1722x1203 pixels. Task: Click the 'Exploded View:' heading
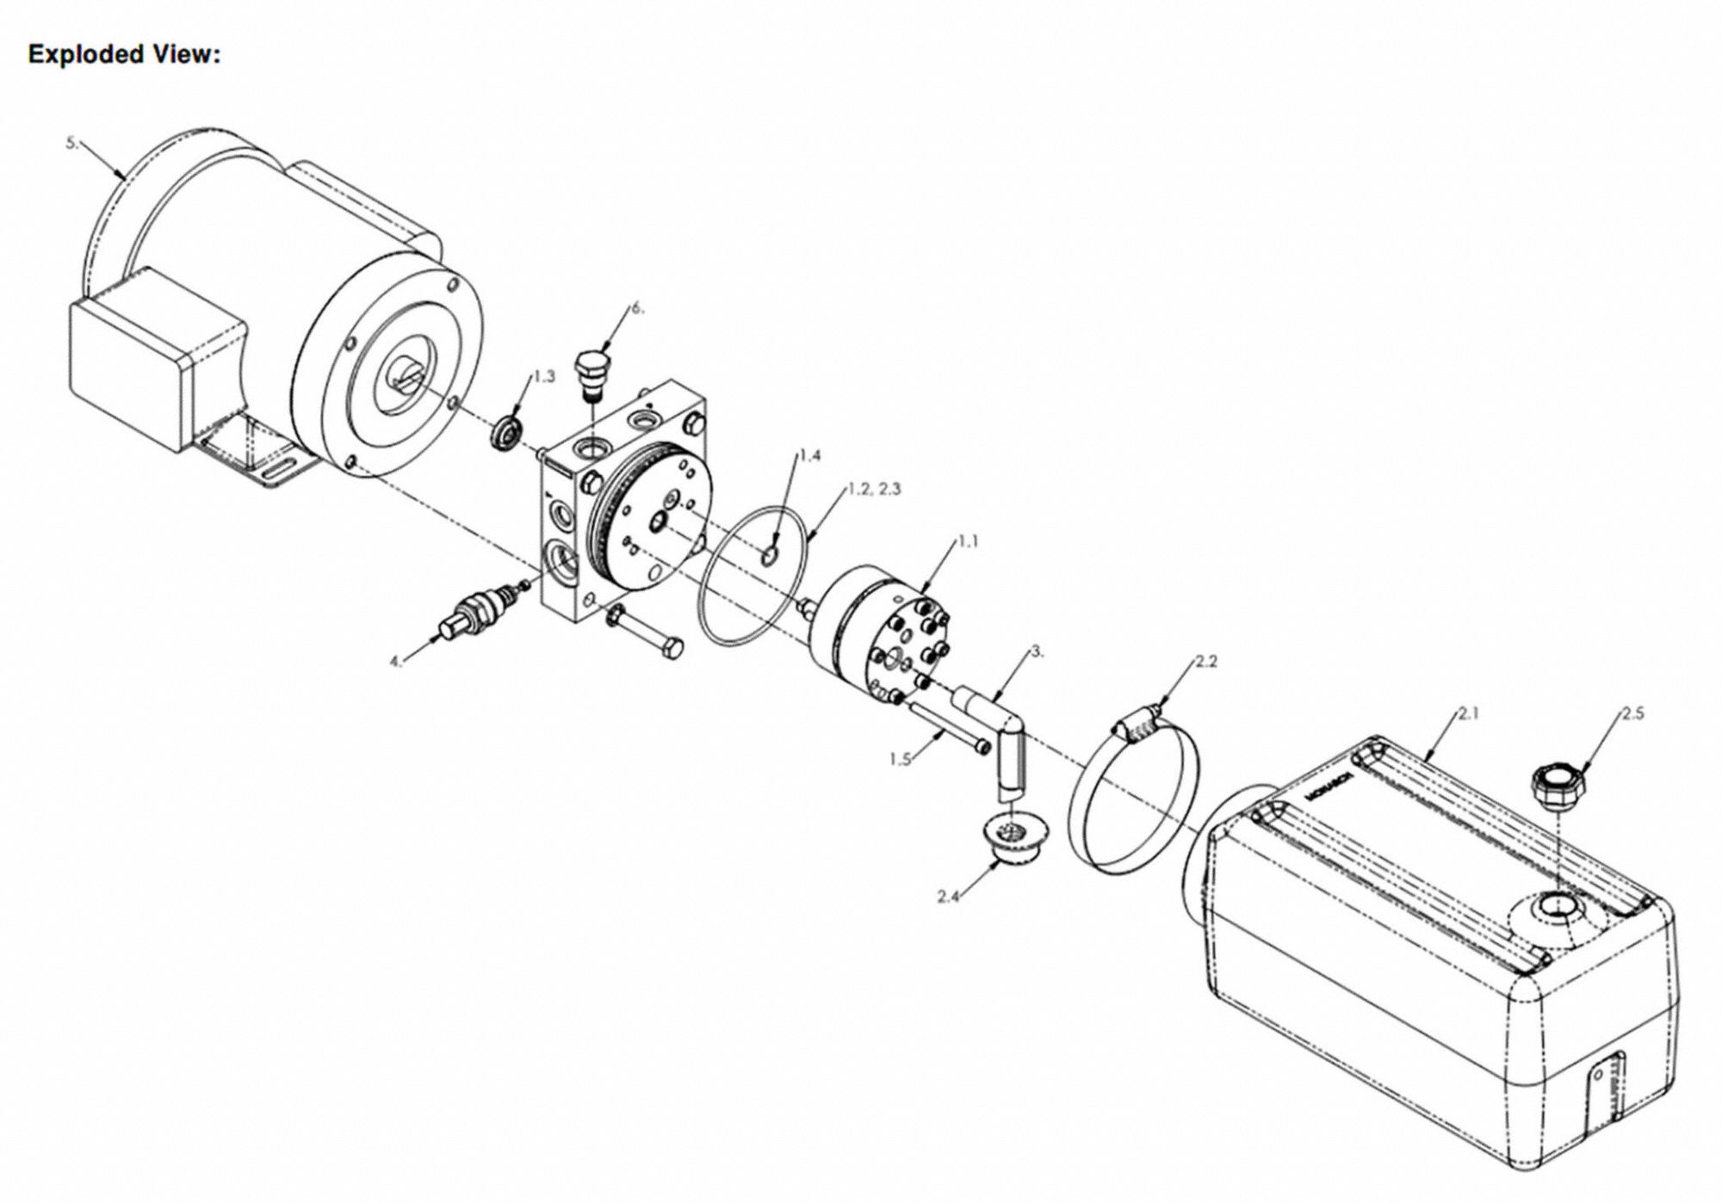point(125,54)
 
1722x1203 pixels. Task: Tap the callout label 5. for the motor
point(72,143)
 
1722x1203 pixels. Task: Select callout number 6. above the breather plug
point(637,308)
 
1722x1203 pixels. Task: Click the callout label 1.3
point(544,376)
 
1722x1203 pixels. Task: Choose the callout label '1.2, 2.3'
point(874,488)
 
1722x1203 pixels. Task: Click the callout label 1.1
point(968,541)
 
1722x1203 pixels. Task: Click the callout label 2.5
point(1632,713)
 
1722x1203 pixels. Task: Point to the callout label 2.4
point(949,897)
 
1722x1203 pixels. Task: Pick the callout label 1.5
point(901,760)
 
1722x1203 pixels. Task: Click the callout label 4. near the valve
point(396,662)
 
